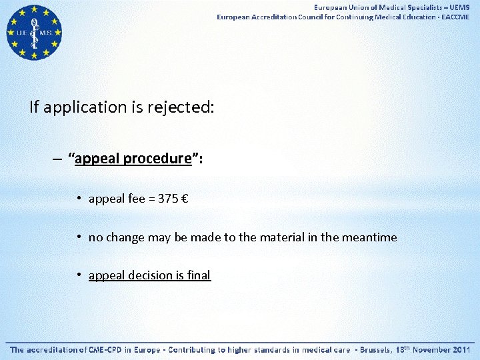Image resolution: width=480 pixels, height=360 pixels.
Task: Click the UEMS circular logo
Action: pyautogui.click(x=33, y=32)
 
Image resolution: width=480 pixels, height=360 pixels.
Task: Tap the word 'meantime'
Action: pyautogui.click(x=369, y=237)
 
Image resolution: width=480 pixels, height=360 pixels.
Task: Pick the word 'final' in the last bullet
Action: pyautogui.click(x=198, y=275)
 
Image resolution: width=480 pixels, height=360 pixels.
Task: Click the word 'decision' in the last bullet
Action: pyautogui.click(x=152, y=275)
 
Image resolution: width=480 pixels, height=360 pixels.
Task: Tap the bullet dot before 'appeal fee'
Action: pyautogui.click(x=79, y=199)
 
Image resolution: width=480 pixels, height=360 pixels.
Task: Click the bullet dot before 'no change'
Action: pyautogui.click(x=79, y=237)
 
